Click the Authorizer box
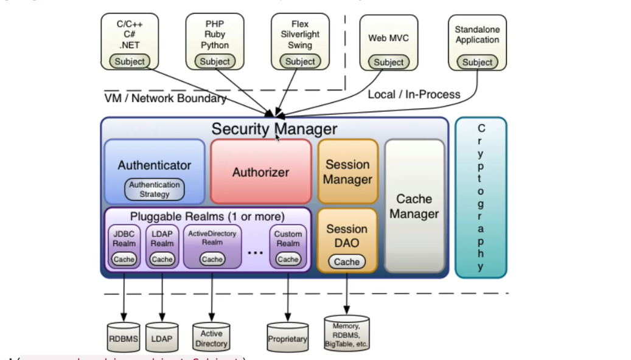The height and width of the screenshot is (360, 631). (260, 172)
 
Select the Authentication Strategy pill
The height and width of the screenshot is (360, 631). (154, 189)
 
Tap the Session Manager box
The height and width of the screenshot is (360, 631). (347, 171)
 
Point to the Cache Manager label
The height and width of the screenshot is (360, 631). (414, 206)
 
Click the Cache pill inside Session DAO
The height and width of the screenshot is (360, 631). (347, 261)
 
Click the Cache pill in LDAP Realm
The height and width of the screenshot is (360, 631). (162, 259)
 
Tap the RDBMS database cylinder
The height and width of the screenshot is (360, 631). (123, 338)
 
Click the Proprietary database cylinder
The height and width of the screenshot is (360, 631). (287, 338)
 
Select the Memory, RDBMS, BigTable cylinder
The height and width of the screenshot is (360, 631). (347, 334)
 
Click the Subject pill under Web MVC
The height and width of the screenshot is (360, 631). (389, 62)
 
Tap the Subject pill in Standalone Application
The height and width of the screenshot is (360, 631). (477, 62)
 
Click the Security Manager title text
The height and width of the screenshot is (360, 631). (274, 129)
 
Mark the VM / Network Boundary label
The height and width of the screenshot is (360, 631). (165, 98)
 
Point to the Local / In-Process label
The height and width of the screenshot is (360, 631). (414, 94)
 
